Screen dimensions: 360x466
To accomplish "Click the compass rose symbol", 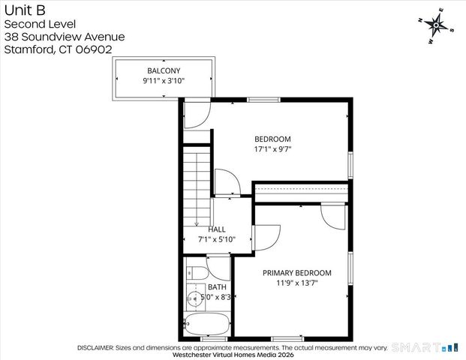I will point(436,24).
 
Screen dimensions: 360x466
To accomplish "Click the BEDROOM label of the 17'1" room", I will point(272,139).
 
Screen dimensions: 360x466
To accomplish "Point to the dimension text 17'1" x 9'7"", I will point(272,148).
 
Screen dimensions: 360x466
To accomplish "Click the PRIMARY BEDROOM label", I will point(296,273).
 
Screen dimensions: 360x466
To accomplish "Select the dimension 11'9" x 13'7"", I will point(296,283).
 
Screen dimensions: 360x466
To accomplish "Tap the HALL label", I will point(217,229).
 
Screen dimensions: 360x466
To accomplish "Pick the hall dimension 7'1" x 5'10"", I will point(217,239).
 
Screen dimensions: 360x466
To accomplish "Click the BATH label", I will point(217,287).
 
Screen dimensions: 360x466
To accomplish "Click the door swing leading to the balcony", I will point(196,113).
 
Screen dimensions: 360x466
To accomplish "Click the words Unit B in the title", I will point(24,10).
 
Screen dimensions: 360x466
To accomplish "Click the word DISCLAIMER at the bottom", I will point(95,348).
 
